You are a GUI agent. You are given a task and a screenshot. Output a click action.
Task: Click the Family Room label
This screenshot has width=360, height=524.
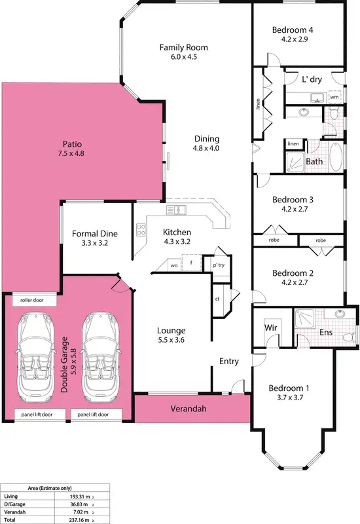[184, 47]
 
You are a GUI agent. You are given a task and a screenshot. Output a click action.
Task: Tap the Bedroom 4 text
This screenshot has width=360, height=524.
[293, 29]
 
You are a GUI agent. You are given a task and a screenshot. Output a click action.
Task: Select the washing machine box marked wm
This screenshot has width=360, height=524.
[334, 97]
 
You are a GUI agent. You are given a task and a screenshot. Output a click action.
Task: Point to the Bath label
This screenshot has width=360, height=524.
[314, 161]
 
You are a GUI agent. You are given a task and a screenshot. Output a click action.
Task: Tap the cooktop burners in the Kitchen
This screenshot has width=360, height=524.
[140, 229]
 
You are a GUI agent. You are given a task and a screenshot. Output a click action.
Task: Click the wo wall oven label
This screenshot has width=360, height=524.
[174, 265]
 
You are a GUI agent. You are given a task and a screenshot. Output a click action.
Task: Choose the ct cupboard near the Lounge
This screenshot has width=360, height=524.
[216, 299]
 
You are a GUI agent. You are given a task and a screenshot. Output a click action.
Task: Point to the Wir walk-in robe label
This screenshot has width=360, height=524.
[272, 326]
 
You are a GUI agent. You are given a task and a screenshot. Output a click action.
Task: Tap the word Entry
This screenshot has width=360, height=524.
[229, 361]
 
